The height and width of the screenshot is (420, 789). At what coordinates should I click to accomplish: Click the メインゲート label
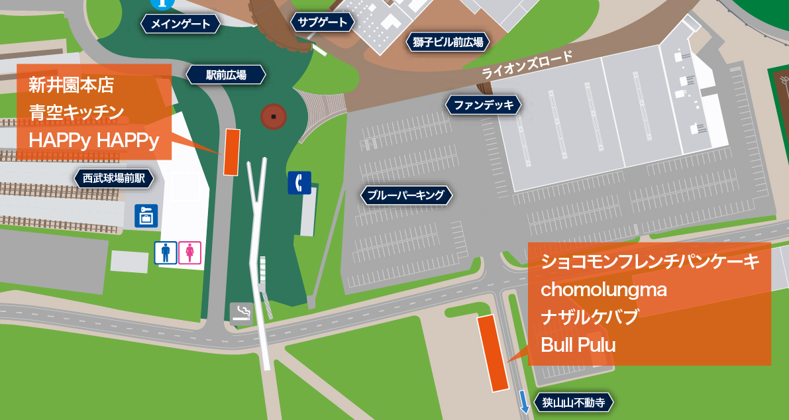coord(180,25)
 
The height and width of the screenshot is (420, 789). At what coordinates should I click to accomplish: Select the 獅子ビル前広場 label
coord(448,43)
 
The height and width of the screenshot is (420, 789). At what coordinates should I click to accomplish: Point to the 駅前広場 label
coord(226,75)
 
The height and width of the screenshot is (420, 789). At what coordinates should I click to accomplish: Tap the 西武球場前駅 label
coord(113,178)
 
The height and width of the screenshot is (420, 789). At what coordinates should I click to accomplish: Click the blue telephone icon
coord(299,183)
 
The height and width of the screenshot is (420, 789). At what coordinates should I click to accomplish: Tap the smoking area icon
coord(241,313)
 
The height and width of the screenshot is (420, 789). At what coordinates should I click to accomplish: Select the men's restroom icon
coord(166,252)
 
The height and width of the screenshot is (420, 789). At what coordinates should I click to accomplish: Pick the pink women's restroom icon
coord(189,252)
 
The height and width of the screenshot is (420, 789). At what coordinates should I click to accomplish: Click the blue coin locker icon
coord(146,215)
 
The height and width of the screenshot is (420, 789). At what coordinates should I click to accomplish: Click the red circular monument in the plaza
coord(274,117)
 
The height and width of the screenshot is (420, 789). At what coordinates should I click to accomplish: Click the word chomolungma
coord(604,289)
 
